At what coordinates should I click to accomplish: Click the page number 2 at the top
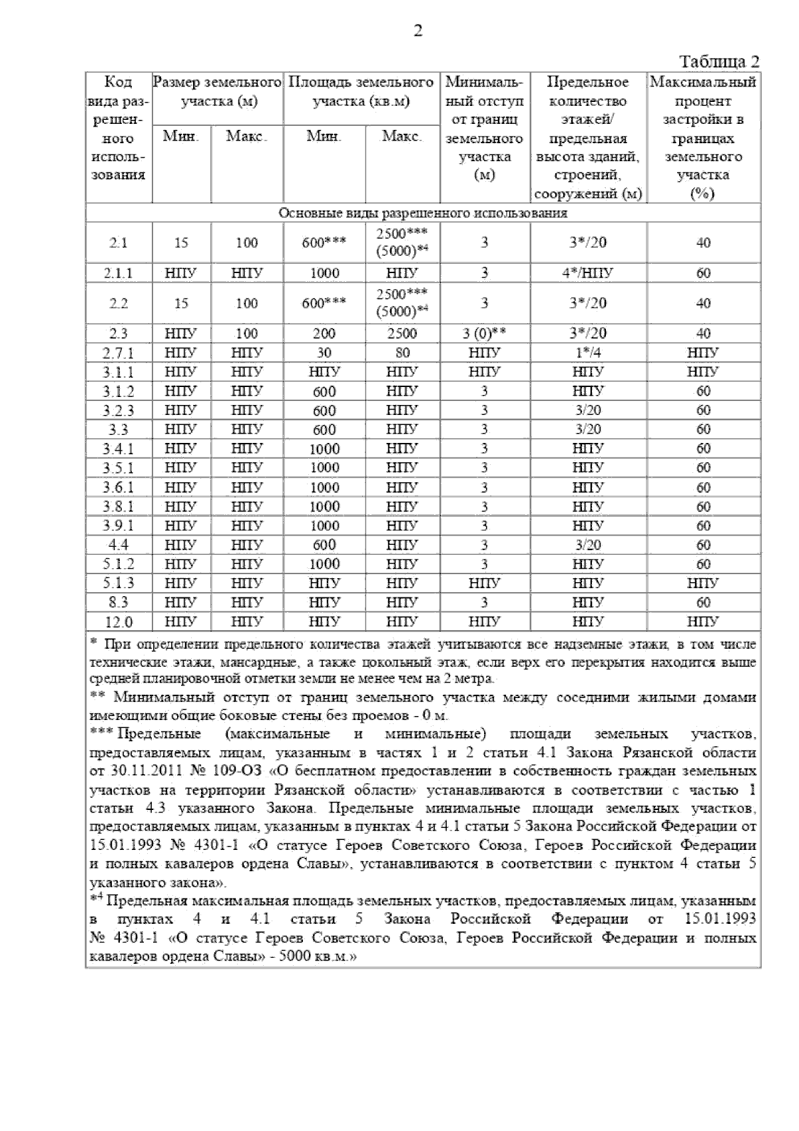[417, 31]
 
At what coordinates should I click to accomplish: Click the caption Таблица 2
[718, 62]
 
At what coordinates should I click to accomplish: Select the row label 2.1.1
[119, 273]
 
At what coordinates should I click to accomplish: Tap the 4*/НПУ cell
[588, 273]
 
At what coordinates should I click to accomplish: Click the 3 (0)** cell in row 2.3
[484, 333]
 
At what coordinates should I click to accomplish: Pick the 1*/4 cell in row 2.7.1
[588, 352]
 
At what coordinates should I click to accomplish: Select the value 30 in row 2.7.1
[324, 352]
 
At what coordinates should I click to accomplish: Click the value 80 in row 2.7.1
[402, 352]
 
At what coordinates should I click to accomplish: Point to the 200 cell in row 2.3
[324, 333]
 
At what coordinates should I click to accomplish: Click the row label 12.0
[119, 622]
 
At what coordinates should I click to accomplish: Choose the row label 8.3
[119, 603]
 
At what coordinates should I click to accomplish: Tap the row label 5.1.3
[119, 583]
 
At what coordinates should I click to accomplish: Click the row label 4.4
[119, 545]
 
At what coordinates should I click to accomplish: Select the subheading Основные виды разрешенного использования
[423, 213]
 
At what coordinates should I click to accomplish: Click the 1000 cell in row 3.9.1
[324, 526]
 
